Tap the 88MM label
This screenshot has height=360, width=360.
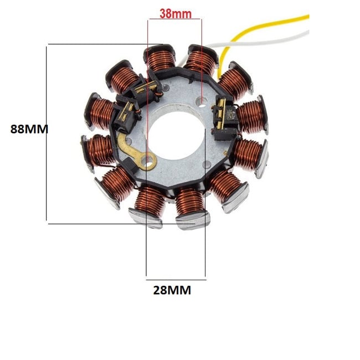click(x=29, y=129)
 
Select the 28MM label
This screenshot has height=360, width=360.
click(x=172, y=289)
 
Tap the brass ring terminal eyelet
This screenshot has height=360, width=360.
click(x=150, y=162)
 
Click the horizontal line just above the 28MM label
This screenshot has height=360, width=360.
click(x=176, y=276)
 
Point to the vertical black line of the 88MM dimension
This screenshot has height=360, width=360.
click(x=48, y=133)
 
